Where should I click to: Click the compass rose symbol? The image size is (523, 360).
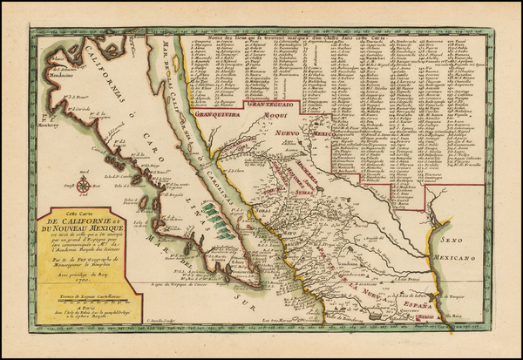[83, 185]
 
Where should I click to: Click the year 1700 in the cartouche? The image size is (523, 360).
[84, 293]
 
